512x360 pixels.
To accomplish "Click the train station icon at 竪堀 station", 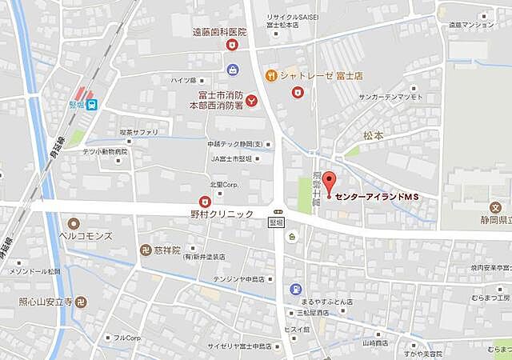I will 94,103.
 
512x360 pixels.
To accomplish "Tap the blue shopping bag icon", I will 233,70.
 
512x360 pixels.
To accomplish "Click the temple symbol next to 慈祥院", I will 146,250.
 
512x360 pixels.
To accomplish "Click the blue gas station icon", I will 296,289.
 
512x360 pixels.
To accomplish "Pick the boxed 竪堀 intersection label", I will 276,224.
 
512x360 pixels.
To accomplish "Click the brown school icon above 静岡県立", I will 496,207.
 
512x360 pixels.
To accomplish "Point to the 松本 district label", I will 373,136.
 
